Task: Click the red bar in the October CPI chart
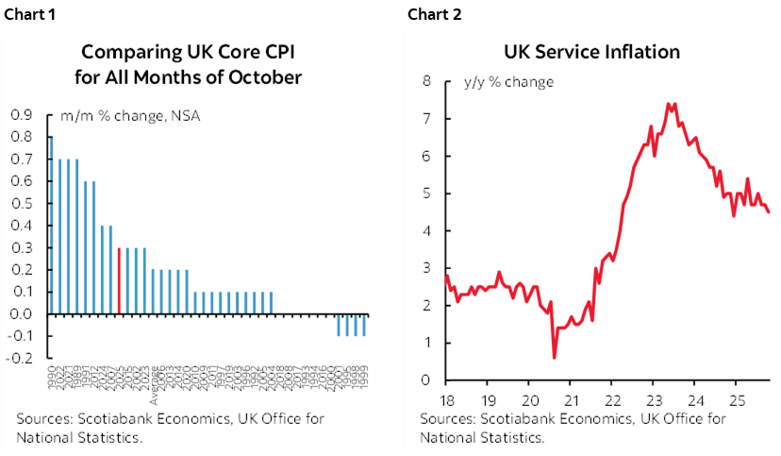pyautogui.click(x=118, y=280)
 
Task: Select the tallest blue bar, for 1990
pyautogui.click(x=50, y=225)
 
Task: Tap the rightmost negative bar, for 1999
pyautogui.click(x=365, y=325)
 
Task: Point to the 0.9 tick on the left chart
pyautogui.click(x=20, y=115)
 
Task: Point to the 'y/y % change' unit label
pyautogui.click(x=508, y=81)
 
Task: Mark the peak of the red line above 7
pyautogui.click(x=669, y=104)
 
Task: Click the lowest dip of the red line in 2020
pyautogui.click(x=554, y=357)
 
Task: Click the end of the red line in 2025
pyautogui.click(x=768, y=212)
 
